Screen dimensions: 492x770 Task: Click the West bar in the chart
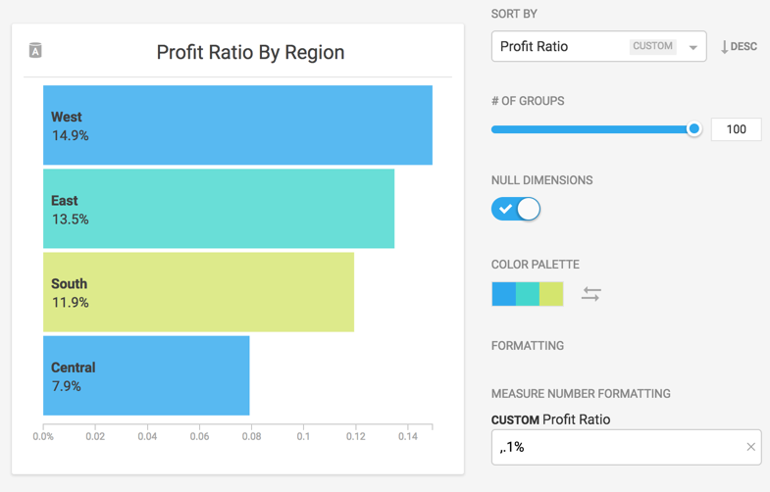[237, 125]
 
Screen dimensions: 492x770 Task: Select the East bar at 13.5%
[219, 209]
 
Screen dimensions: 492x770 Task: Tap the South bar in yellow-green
[198, 292]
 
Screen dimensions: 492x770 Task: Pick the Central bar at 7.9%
[146, 375]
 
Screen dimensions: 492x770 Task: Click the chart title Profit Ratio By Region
[250, 52]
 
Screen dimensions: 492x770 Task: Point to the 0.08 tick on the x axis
[251, 436]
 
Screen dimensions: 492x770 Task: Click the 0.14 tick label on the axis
[408, 436]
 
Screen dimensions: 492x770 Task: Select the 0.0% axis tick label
[43, 436]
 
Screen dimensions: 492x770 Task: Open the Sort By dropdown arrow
[693, 47]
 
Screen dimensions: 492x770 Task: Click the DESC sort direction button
[739, 47]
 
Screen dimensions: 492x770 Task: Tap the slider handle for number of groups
[694, 129]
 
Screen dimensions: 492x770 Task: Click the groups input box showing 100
[736, 129]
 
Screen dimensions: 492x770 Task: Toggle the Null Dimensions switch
[516, 209]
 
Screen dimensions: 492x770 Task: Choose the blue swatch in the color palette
[503, 294]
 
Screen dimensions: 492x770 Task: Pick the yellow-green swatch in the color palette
[551, 294]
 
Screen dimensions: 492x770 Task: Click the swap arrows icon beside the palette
[590, 294]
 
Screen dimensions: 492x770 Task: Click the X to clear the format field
[750, 447]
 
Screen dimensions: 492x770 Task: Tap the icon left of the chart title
[35, 51]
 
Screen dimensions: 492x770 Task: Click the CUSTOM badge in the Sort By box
[652, 46]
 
